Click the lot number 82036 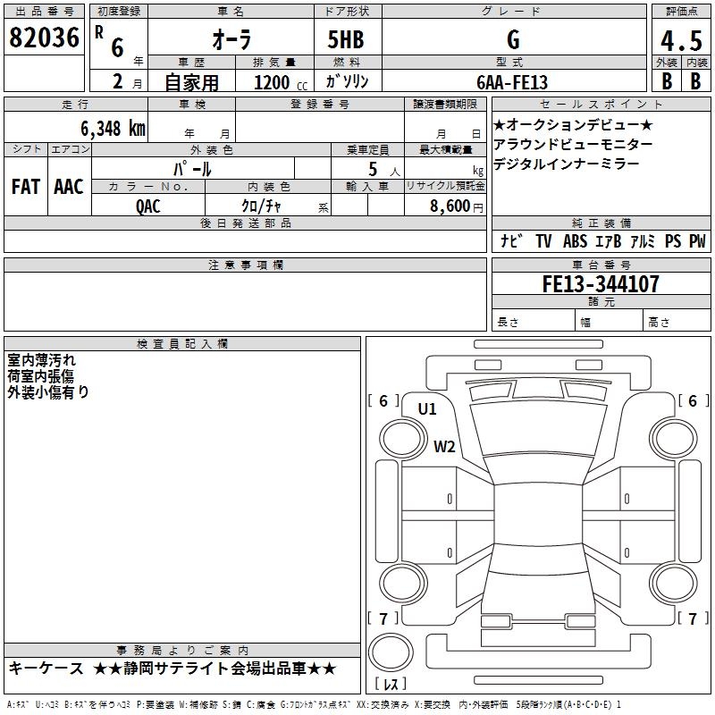click(44, 38)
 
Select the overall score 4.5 click(680, 39)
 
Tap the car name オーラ click(231, 39)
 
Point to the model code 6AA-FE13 click(512, 80)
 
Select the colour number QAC click(148, 205)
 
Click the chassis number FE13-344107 click(601, 284)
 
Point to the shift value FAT click(26, 187)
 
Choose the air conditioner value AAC click(69, 187)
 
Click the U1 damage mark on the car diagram click(427, 409)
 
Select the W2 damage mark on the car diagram click(445, 446)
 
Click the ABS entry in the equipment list click(575, 240)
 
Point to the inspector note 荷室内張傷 click(42, 375)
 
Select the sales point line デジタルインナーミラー click(566, 164)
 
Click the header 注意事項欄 click(245, 265)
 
